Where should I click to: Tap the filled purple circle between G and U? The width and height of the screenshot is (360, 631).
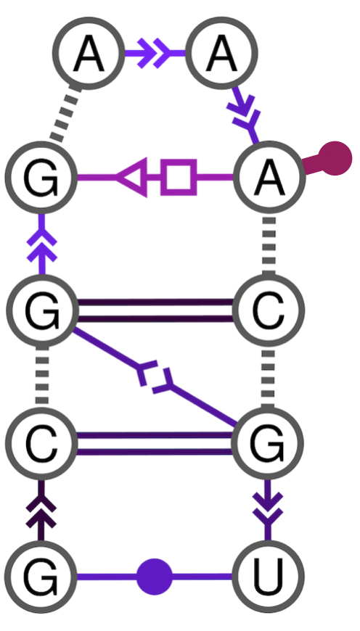click(155, 577)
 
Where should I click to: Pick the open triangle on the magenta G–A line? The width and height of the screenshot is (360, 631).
click(134, 177)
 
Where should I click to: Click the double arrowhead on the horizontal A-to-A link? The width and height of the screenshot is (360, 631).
click(152, 53)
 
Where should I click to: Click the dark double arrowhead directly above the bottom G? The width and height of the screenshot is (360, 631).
click(41, 511)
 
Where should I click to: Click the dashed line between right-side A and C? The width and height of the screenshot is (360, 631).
click(269, 243)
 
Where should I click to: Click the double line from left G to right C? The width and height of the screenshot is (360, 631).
click(155, 310)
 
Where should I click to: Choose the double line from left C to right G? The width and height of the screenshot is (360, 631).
click(155, 444)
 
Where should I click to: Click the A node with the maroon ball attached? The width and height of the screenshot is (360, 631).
click(268, 177)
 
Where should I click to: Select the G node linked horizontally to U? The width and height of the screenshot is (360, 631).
click(41, 577)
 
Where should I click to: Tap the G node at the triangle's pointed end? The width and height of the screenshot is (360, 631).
click(41, 177)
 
